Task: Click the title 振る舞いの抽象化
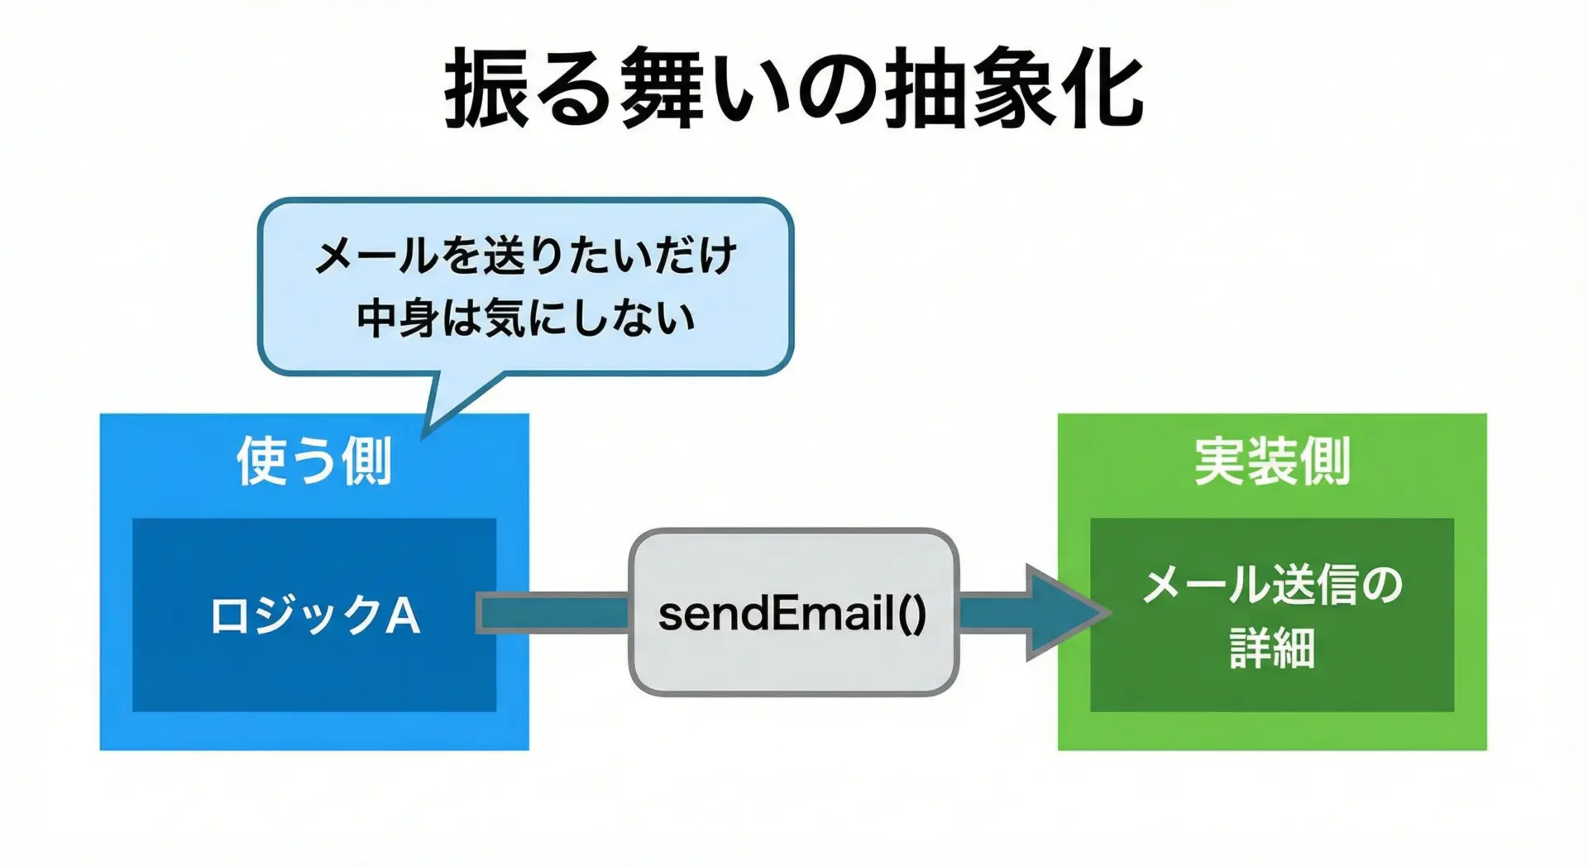(794, 89)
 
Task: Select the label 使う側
(314, 461)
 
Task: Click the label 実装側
(1272, 461)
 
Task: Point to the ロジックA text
(314, 616)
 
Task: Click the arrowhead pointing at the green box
(1063, 613)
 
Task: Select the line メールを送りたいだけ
(526, 256)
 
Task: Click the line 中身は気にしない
(526, 318)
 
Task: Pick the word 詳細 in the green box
(1272, 648)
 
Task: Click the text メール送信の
(1272, 585)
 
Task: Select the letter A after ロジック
(402, 616)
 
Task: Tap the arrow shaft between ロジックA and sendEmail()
(554, 613)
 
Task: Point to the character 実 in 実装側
(1220, 461)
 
